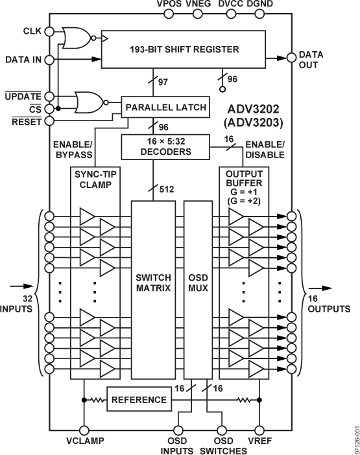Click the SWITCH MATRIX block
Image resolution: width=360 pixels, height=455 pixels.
[153, 289]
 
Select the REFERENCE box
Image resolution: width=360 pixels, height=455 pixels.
[139, 400]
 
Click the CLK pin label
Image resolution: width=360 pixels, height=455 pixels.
[32, 31]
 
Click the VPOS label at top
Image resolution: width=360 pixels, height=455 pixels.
[170, 6]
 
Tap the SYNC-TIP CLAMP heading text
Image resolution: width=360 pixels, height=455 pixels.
[93, 180]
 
